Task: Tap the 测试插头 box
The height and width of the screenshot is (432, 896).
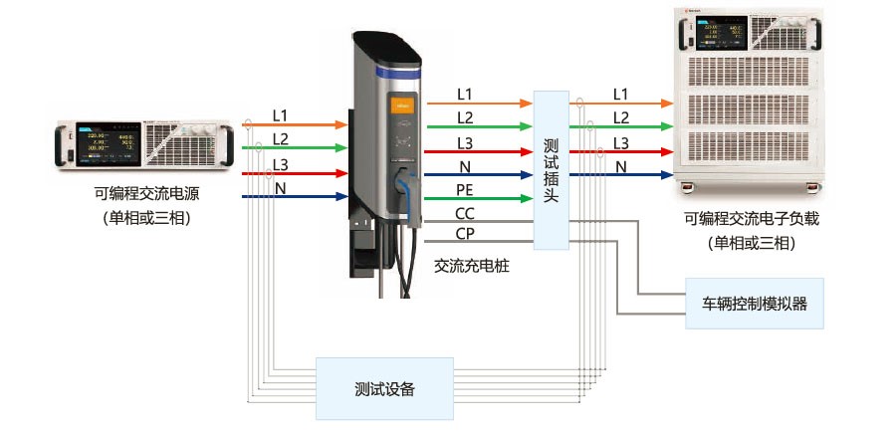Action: click(x=551, y=170)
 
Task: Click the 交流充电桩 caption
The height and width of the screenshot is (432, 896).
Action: click(x=472, y=267)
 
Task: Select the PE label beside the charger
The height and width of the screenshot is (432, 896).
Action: click(x=465, y=189)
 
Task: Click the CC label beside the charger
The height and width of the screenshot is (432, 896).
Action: click(x=465, y=213)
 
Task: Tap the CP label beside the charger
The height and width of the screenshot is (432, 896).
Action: click(x=465, y=234)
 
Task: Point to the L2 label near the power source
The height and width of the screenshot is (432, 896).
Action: click(x=281, y=139)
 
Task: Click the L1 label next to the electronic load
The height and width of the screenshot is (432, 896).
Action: click(x=620, y=94)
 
